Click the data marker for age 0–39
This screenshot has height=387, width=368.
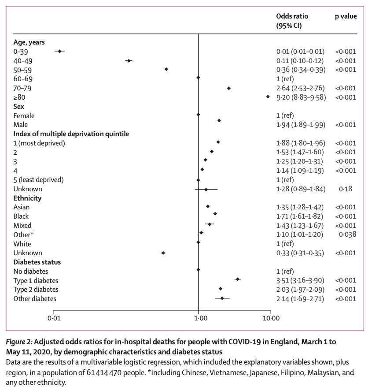tap(59, 51)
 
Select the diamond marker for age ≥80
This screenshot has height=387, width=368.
tap(268, 97)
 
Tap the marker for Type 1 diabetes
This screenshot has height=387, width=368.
tap(238, 279)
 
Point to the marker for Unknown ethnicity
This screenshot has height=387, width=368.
tap(163, 253)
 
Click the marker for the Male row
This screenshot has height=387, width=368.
tap(219, 120)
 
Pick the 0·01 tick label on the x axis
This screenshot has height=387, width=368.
tap(54, 318)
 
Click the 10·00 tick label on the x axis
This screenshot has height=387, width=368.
tap(270, 318)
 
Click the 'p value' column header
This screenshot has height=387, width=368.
tap(346, 16)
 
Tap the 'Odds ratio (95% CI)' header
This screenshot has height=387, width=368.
tap(292, 21)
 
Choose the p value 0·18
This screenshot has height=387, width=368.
tap(346, 189)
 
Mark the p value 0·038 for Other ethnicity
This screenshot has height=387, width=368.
tap(347, 234)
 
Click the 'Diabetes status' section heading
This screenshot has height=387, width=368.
tap(37, 262)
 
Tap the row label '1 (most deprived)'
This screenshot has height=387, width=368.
tap(39, 143)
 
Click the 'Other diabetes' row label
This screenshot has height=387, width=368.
tap(35, 298)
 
